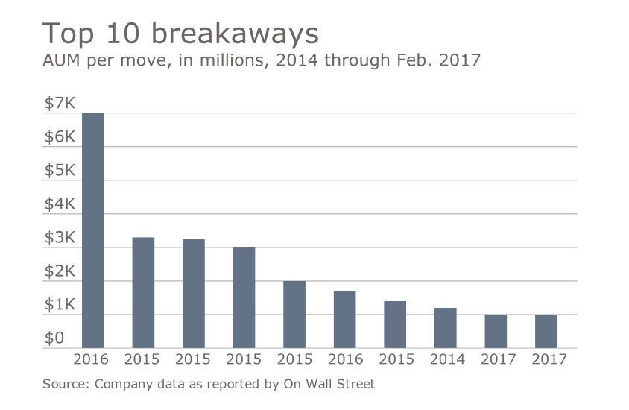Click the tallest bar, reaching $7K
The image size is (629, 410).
92,230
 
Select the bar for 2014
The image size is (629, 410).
445,328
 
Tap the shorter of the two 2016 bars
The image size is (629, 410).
344,319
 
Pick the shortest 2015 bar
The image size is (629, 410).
395,324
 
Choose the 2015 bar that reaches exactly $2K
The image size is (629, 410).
294,314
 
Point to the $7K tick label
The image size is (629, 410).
59,104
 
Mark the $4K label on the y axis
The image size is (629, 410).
59,204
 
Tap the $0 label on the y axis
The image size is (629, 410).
54,338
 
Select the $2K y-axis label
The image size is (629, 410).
59,271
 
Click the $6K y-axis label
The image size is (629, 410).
59,137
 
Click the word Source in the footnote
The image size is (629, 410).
63,385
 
